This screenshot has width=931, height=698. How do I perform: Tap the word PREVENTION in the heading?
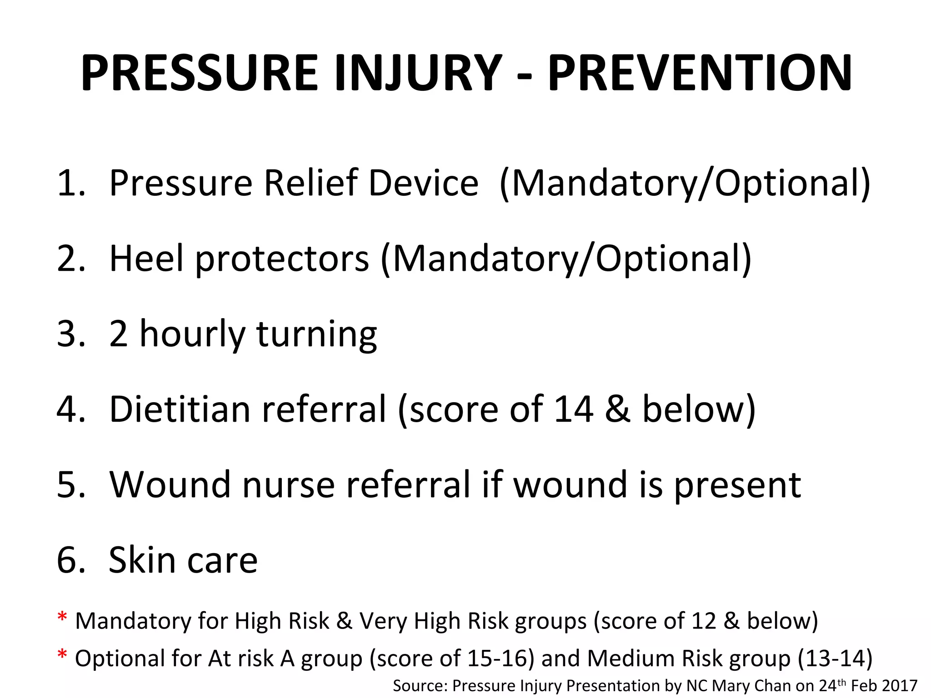(700, 73)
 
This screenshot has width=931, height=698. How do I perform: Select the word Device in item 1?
(423, 183)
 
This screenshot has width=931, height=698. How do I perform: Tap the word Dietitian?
(180, 409)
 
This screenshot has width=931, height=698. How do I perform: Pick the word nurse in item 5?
(289, 485)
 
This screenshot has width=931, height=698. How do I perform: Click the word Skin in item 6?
(141, 560)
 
